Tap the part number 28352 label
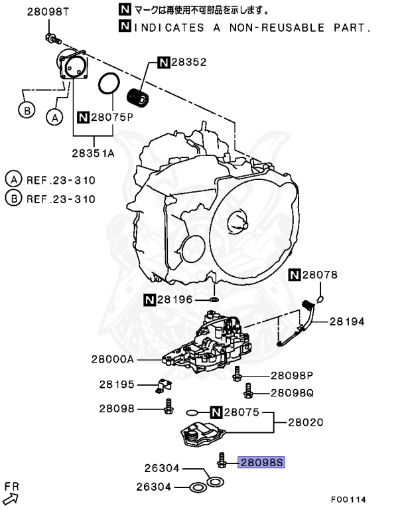pos(189,62)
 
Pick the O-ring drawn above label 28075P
pos(109,84)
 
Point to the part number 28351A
pos(94,152)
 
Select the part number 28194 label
pos(348,321)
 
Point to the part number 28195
pos(117,384)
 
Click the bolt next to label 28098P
pos(236,377)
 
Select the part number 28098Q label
pos(291,392)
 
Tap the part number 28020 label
pos(307,422)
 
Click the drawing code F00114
pos(349,499)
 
